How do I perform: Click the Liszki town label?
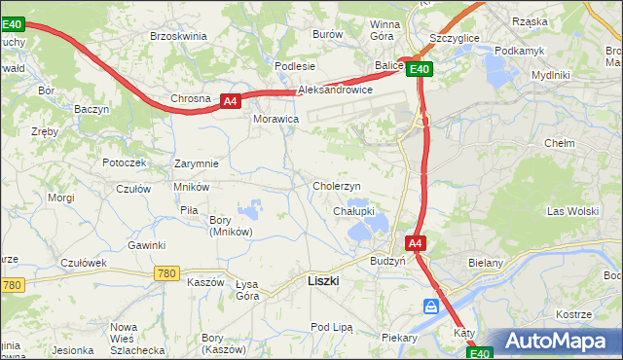pos(322,280)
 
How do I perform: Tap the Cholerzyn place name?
pos(337,186)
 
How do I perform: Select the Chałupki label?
pos(353,210)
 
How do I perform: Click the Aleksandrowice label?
pos(336,89)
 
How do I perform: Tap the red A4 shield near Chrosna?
pos(229,100)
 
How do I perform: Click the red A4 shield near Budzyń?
pos(415,243)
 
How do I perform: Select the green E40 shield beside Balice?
pos(420,69)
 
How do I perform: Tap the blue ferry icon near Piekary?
pos(431,307)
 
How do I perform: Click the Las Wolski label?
pos(572,211)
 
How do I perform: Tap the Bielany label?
pos(512,263)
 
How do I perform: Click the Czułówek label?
pos(83,263)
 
